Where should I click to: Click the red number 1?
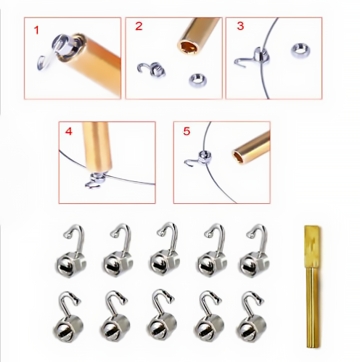(36, 30)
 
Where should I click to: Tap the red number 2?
(139, 26)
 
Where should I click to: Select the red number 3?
(240, 26)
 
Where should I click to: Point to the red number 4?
(69, 131)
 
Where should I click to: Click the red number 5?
(187, 131)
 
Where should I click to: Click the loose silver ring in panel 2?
(197, 80)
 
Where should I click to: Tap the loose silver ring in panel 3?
(300, 50)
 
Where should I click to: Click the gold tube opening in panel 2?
(188, 47)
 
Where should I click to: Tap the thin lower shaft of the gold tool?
(313, 307)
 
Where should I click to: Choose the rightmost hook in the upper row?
(255, 251)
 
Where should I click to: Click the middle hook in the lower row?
(161, 315)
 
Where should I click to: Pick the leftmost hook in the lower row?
(68, 317)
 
